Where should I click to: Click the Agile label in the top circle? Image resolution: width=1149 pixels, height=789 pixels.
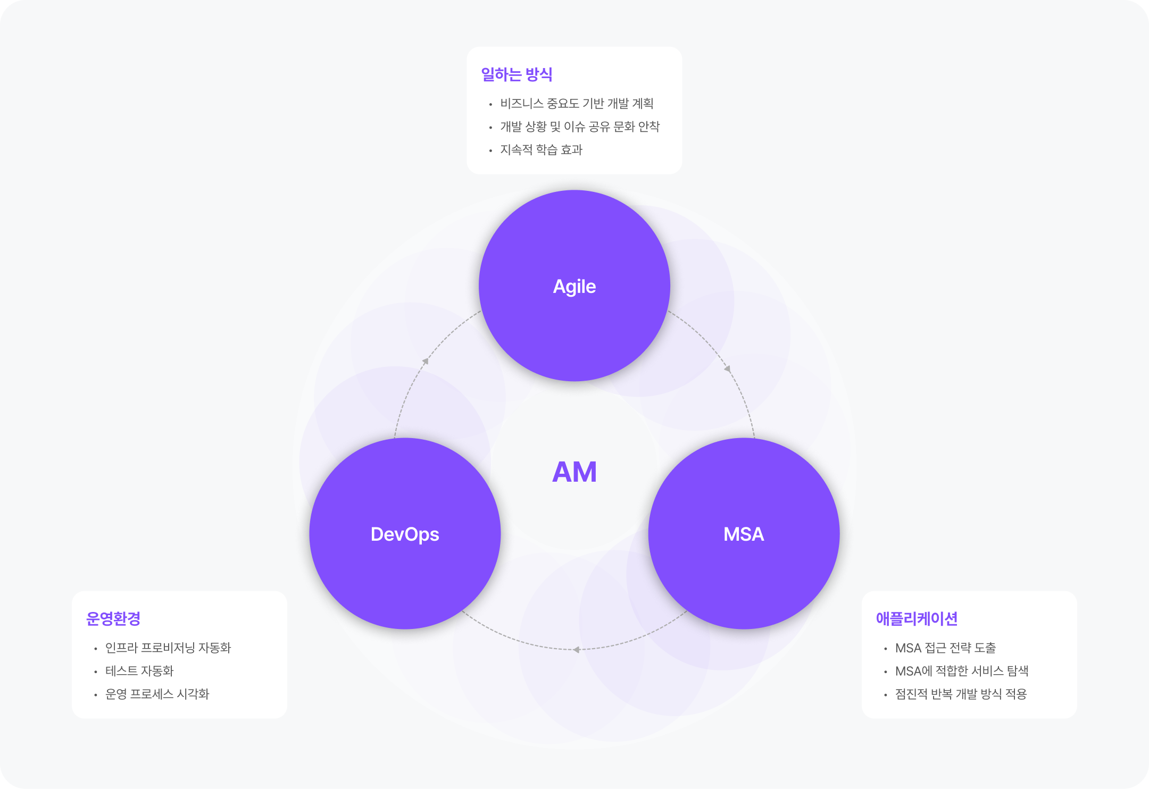pyautogui.click(x=574, y=287)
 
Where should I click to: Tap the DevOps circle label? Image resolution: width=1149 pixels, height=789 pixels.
pyautogui.click(x=405, y=534)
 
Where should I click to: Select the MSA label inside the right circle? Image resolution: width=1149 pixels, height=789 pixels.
pyautogui.click(x=744, y=534)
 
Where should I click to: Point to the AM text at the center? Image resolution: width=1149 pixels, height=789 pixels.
pyautogui.click(x=574, y=472)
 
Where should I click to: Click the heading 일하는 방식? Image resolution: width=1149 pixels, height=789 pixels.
pyautogui.click(x=517, y=74)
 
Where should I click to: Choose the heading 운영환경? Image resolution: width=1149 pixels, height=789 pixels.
pyautogui.click(x=113, y=619)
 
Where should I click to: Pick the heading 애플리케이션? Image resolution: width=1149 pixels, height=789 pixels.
pyautogui.click(x=917, y=619)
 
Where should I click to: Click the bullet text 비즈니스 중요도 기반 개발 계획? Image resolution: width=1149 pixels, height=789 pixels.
pyautogui.click(x=577, y=104)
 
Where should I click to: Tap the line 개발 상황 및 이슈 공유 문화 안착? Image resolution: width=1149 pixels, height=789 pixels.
pyautogui.click(x=580, y=127)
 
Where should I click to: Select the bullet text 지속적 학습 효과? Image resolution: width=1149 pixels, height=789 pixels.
pyautogui.click(x=541, y=150)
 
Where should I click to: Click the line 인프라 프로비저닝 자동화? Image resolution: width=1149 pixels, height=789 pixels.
pyautogui.click(x=168, y=648)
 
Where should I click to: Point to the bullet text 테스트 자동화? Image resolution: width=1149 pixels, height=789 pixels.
pyautogui.click(x=139, y=671)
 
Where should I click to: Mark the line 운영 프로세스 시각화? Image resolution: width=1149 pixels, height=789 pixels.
pyautogui.click(x=157, y=694)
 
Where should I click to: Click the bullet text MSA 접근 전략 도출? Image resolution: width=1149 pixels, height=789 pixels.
pyautogui.click(x=945, y=648)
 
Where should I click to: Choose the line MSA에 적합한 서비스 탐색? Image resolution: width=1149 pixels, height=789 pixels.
pyautogui.click(x=962, y=671)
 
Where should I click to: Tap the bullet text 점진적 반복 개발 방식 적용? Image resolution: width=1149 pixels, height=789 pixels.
pyautogui.click(x=961, y=694)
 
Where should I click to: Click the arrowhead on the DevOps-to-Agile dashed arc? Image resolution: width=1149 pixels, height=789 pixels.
pyautogui.click(x=426, y=362)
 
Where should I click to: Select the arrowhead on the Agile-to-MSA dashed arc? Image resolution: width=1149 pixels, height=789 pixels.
pyautogui.click(x=727, y=368)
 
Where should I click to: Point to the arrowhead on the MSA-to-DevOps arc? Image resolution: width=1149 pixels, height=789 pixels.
pyautogui.click(x=576, y=649)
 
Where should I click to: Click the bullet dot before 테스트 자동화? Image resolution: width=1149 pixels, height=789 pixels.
pyautogui.click(x=96, y=672)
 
